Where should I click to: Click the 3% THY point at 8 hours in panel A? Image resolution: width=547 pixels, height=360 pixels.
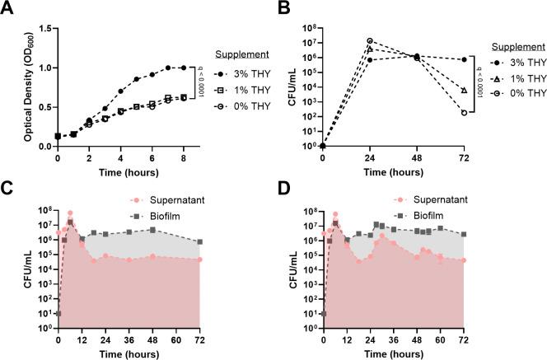pos(183,68)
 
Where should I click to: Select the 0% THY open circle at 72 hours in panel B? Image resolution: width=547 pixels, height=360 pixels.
pos(465,113)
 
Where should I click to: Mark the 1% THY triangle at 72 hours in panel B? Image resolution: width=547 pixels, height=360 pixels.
pos(465,91)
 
